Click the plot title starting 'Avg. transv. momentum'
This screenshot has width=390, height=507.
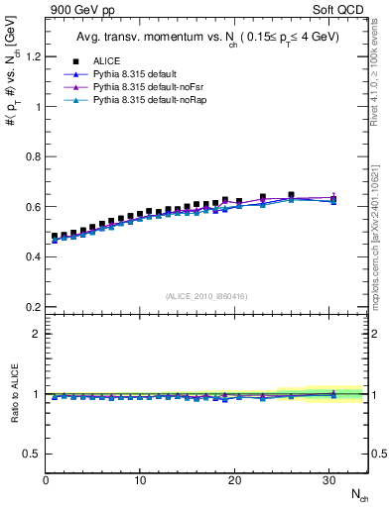pyautogui.click(x=205, y=39)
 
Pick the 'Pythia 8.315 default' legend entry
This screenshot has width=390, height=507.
pyautogui.click(x=139, y=74)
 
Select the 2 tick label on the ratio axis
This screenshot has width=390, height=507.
pyautogui.click(x=36, y=334)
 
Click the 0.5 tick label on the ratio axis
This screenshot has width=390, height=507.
pyautogui.click(x=32, y=454)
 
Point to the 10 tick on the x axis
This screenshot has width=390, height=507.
pyautogui.click(x=140, y=480)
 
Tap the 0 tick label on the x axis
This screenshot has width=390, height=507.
pyautogui.click(x=46, y=480)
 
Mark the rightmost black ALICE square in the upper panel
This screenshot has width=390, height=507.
pyautogui.click(x=333, y=199)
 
